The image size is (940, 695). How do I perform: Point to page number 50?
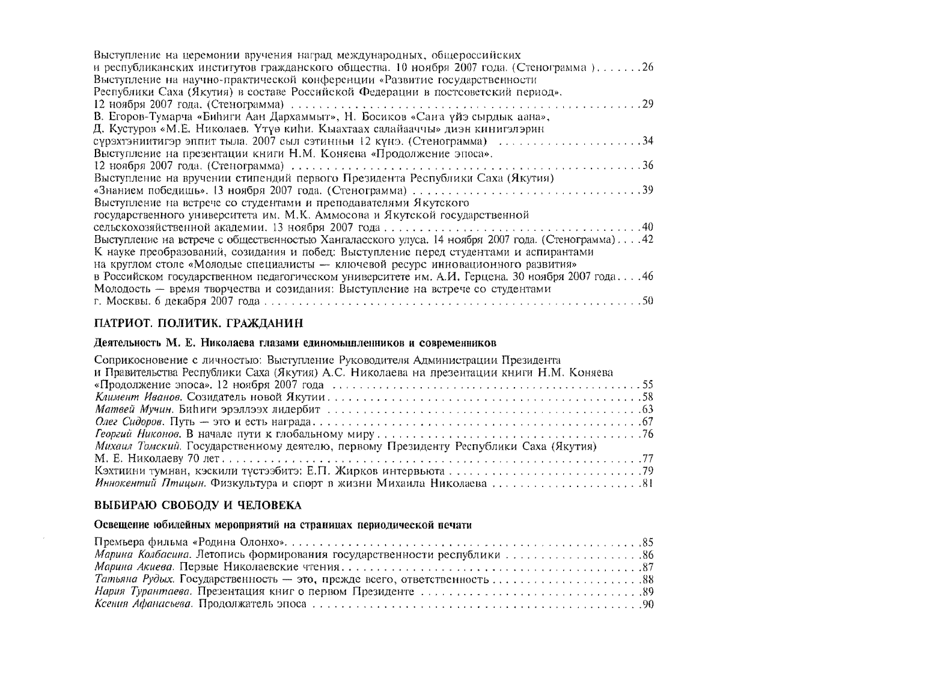[648, 301]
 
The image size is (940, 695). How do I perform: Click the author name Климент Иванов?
[139, 397]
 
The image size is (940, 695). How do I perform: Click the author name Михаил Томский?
[138, 447]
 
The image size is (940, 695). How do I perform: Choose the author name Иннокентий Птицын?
[151, 483]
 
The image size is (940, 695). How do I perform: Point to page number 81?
[648, 483]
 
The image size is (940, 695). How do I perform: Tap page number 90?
[648, 604]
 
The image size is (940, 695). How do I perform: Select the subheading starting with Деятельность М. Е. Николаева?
[296, 343]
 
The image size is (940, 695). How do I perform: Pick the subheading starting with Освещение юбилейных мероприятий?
[283, 525]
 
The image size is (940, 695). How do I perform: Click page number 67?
[648, 422]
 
